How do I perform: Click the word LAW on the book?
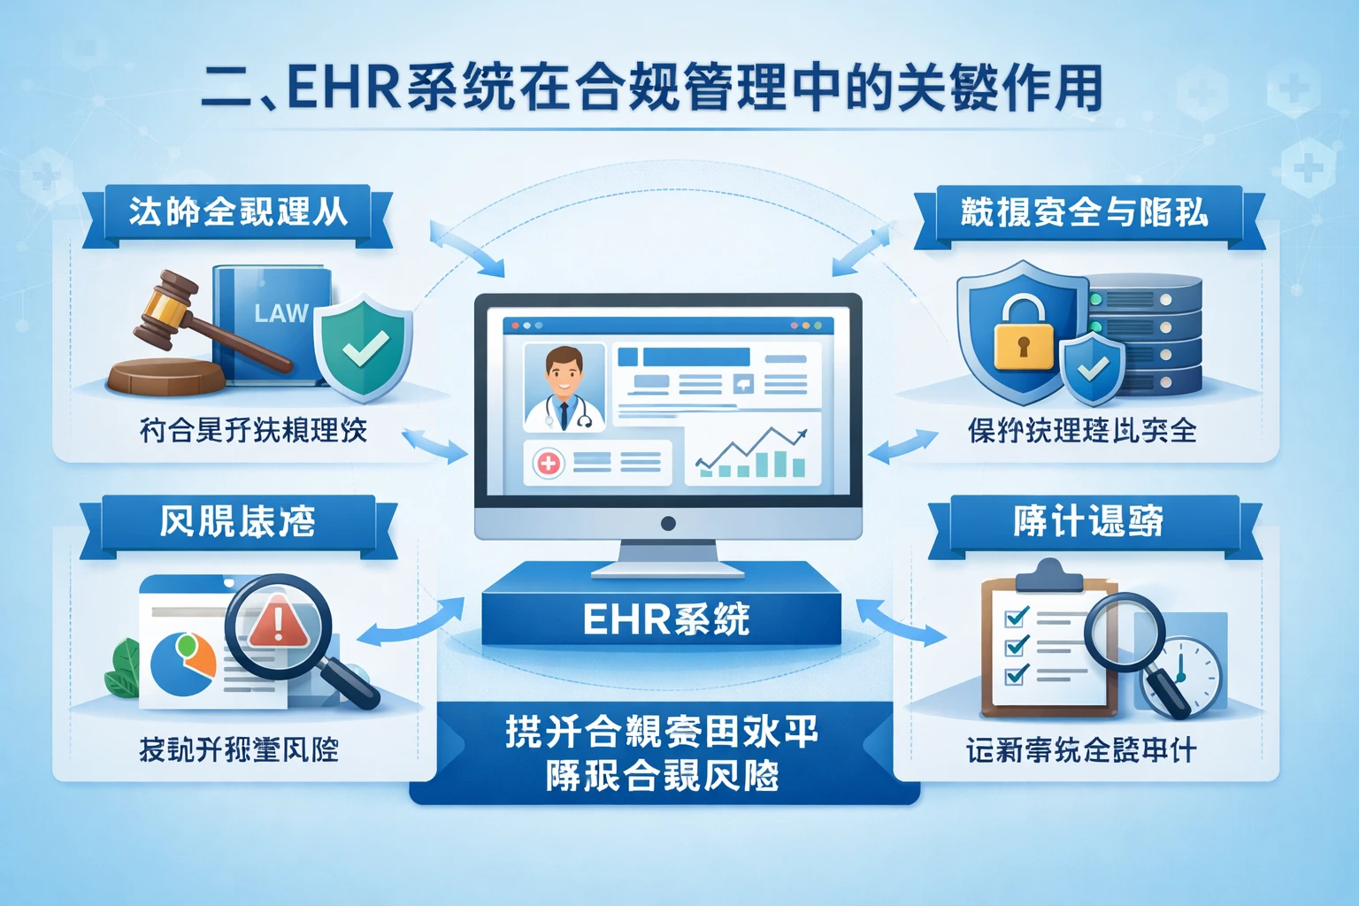pyautogui.click(x=280, y=313)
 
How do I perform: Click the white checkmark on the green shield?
pyautogui.click(x=365, y=348)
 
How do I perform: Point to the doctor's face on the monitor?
pyautogui.click(x=564, y=372)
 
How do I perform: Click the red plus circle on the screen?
pyautogui.click(x=548, y=462)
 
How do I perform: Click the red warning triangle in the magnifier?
pyautogui.click(x=278, y=620)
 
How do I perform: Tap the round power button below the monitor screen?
pyautogui.click(x=668, y=524)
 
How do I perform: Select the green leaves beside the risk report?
pyautogui.click(x=122, y=670)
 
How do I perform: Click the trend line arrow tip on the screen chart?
pyautogui.click(x=802, y=434)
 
